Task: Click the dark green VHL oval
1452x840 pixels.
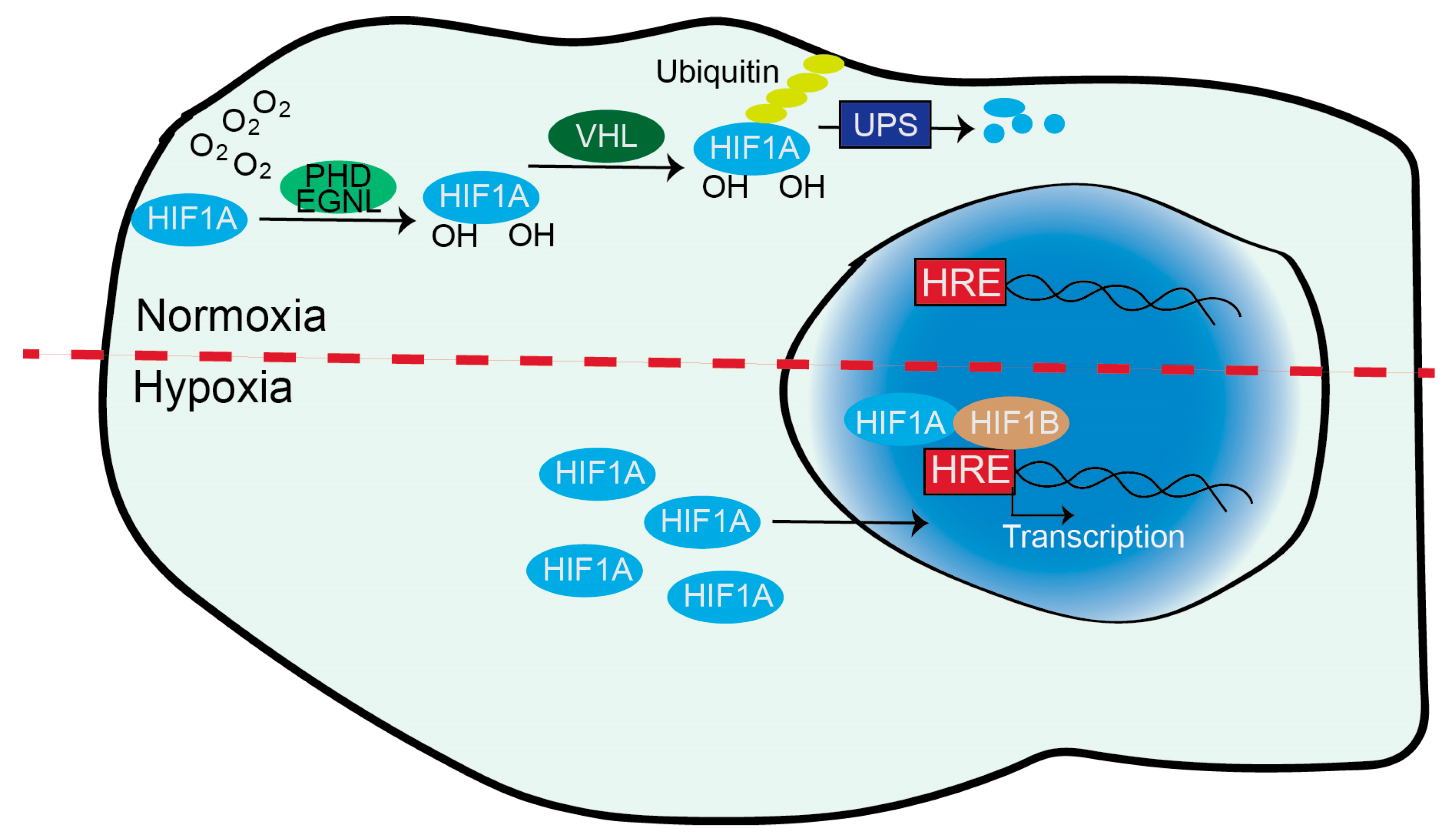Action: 606,137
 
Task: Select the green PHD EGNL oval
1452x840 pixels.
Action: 338,187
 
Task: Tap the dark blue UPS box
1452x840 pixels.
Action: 885,124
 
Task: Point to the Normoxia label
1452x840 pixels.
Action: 231,316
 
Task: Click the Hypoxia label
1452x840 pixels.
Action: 213,387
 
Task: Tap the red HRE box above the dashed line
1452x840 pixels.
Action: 961,282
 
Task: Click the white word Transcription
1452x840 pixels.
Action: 1093,536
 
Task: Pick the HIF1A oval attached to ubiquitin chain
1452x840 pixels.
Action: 751,148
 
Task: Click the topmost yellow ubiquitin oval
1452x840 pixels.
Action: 823,64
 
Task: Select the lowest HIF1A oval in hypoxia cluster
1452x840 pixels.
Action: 725,597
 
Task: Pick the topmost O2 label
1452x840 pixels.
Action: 271,104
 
